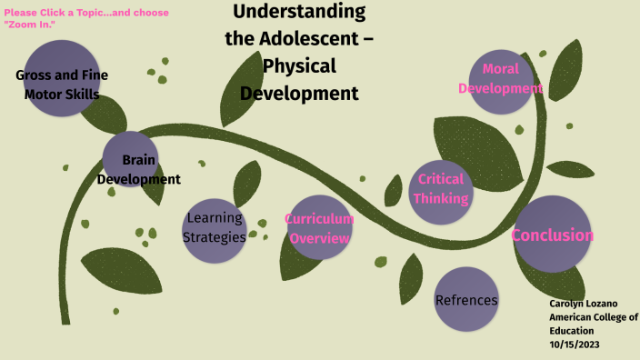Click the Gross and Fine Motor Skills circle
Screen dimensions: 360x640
tap(62, 77)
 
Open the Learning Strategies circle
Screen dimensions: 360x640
tap(215, 230)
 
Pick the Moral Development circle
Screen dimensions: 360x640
tap(500, 82)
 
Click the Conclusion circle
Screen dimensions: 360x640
tap(553, 235)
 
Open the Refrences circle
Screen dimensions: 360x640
tap(466, 299)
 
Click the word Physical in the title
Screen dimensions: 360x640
tap(299, 65)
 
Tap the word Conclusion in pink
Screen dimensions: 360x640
tap(553, 235)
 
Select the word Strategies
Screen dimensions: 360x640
tap(215, 237)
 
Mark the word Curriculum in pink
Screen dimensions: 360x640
tap(319, 219)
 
